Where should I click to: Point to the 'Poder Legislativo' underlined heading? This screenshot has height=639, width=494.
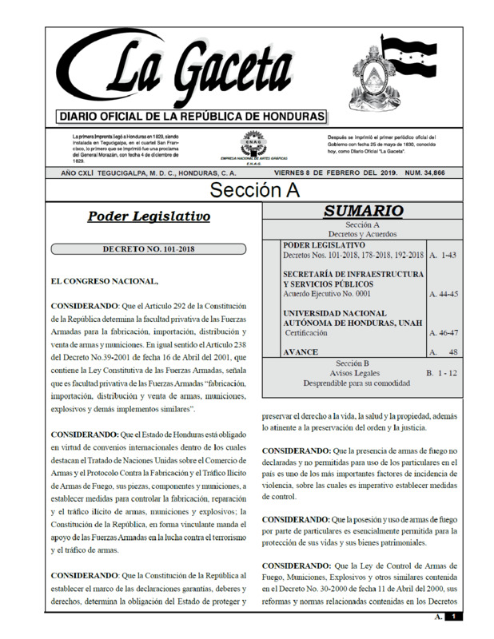(149, 216)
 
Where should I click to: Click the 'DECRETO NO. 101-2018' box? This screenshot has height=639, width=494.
(149, 249)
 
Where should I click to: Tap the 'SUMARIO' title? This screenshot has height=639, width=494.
(364, 212)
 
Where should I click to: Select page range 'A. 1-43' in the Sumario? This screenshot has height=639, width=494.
(443, 255)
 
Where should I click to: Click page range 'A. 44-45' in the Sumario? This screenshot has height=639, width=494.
(444, 295)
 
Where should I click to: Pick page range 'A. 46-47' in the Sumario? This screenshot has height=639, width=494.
(444, 333)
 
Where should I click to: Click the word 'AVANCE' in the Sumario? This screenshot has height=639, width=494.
(301, 352)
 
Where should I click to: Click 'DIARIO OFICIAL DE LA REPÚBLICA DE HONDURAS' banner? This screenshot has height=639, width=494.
(192, 117)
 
